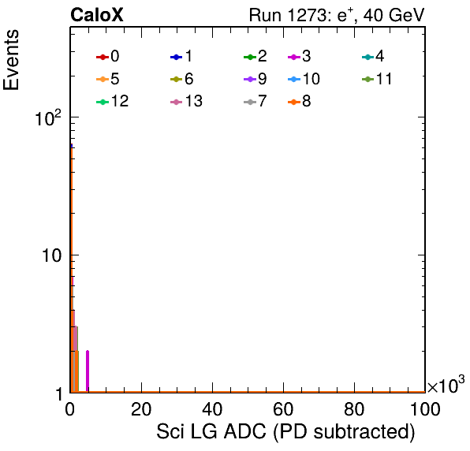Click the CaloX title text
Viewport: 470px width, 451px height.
(x=97, y=15)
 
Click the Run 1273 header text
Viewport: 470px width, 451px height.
(x=337, y=15)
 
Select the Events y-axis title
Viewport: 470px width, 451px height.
(x=11, y=60)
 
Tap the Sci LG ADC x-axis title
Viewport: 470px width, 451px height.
(x=285, y=432)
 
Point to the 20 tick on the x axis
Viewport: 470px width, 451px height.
(x=141, y=409)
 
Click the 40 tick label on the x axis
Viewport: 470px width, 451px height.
(x=212, y=409)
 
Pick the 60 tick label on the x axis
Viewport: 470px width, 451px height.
(x=283, y=409)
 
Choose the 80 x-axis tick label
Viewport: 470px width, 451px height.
(x=354, y=409)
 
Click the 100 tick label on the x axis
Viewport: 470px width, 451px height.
(x=425, y=409)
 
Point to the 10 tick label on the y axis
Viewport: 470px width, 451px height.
(x=51, y=255)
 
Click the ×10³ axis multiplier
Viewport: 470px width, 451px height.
(x=446, y=385)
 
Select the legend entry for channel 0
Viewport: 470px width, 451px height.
(x=107, y=56)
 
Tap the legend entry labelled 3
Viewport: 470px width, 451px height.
(x=299, y=56)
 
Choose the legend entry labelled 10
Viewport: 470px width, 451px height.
(x=304, y=79)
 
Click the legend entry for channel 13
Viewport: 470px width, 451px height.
(x=186, y=101)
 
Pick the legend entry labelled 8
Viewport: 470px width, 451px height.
(x=299, y=101)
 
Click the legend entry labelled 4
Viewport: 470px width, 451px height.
(x=373, y=56)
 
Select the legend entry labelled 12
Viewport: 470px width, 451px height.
(x=113, y=101)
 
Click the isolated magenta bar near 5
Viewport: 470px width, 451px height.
(x=88, y=371)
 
